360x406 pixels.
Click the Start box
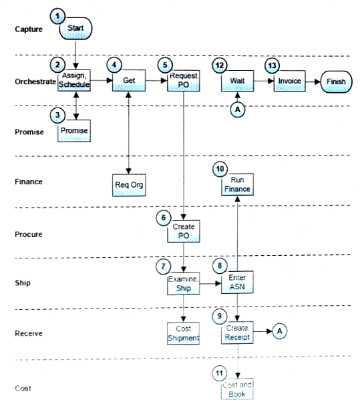click(x=75, y=29)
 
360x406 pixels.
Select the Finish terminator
click(x=336, y=82)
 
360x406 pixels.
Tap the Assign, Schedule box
click(x=74, y=80)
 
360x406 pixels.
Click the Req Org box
click(x=129, y=185)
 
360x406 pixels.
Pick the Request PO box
click(x=184, y=81)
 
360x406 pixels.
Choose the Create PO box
click(x=184, y=231)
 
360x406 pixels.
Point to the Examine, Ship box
click(x=184, y=284)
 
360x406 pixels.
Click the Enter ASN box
click(x=237, y=282)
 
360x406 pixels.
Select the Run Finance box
click(x=237, y=184)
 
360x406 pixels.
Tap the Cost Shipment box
click(x=183, y=333)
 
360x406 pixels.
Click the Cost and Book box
click(x=237, y=389)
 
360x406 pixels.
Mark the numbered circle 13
click(x=273, y=65)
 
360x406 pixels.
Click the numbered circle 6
click(x=164, y=218)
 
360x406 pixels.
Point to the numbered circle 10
click(x=220, y=169)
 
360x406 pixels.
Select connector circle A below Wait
click(x=238, y=110)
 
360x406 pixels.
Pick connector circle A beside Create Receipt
click(x=280, y=331)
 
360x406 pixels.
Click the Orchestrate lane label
click(x=35, y=81)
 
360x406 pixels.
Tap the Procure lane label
click(x=29, y=234)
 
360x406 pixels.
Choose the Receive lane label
click(x=29, y=333)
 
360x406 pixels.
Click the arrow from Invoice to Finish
click(x=313, y=82)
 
